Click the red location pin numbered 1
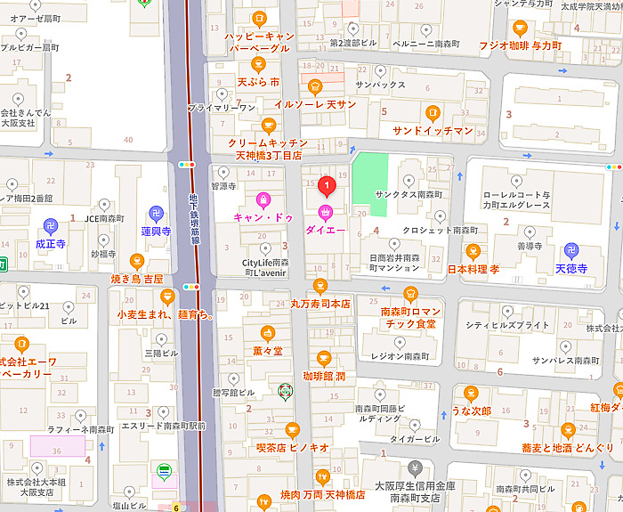[326, 186]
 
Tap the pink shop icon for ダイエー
[326, 212]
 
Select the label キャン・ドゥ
[263, 216]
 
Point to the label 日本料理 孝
[473, 268]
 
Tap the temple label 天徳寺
[571, 268]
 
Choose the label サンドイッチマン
[433, 131]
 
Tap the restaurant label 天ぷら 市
[258, 82]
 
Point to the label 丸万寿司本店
[320, 304]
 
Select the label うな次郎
[472, 410]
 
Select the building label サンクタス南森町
[409, 194]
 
